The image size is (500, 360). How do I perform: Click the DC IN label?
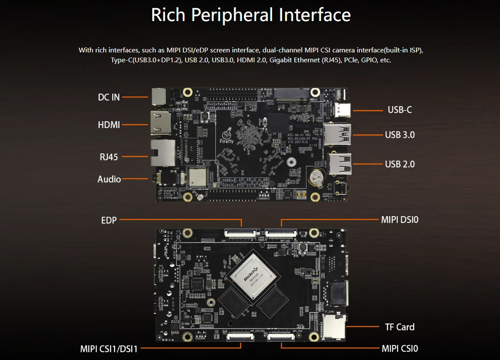[x=109, y=97]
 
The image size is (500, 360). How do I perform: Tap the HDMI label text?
[x=109, y=125]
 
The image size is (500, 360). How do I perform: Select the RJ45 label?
[x=109, y=157]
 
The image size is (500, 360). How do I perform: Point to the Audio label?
[x=109, y=179]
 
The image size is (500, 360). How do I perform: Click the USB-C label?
[x=399, y=110]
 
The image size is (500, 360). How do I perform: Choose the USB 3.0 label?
[x=400, y=135]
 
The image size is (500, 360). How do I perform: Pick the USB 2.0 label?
[x=400, y=164]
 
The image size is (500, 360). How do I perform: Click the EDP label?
[x=109, y=221]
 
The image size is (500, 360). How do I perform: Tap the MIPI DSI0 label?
[x=399, y=220]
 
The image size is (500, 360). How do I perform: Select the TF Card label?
[x=399, y=327]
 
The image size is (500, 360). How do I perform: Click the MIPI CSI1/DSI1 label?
[x=109, y=348]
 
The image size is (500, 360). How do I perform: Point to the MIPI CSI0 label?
[x=399, y=348]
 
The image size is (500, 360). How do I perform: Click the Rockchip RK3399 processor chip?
[x=253, y=275]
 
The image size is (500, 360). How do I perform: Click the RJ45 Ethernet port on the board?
[x=161, y=153]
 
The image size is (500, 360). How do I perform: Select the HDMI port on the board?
[x=159, y=124]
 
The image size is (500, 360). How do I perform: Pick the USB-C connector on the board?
[x=345, y=110]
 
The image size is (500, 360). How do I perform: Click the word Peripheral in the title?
[x=232, y=15]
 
